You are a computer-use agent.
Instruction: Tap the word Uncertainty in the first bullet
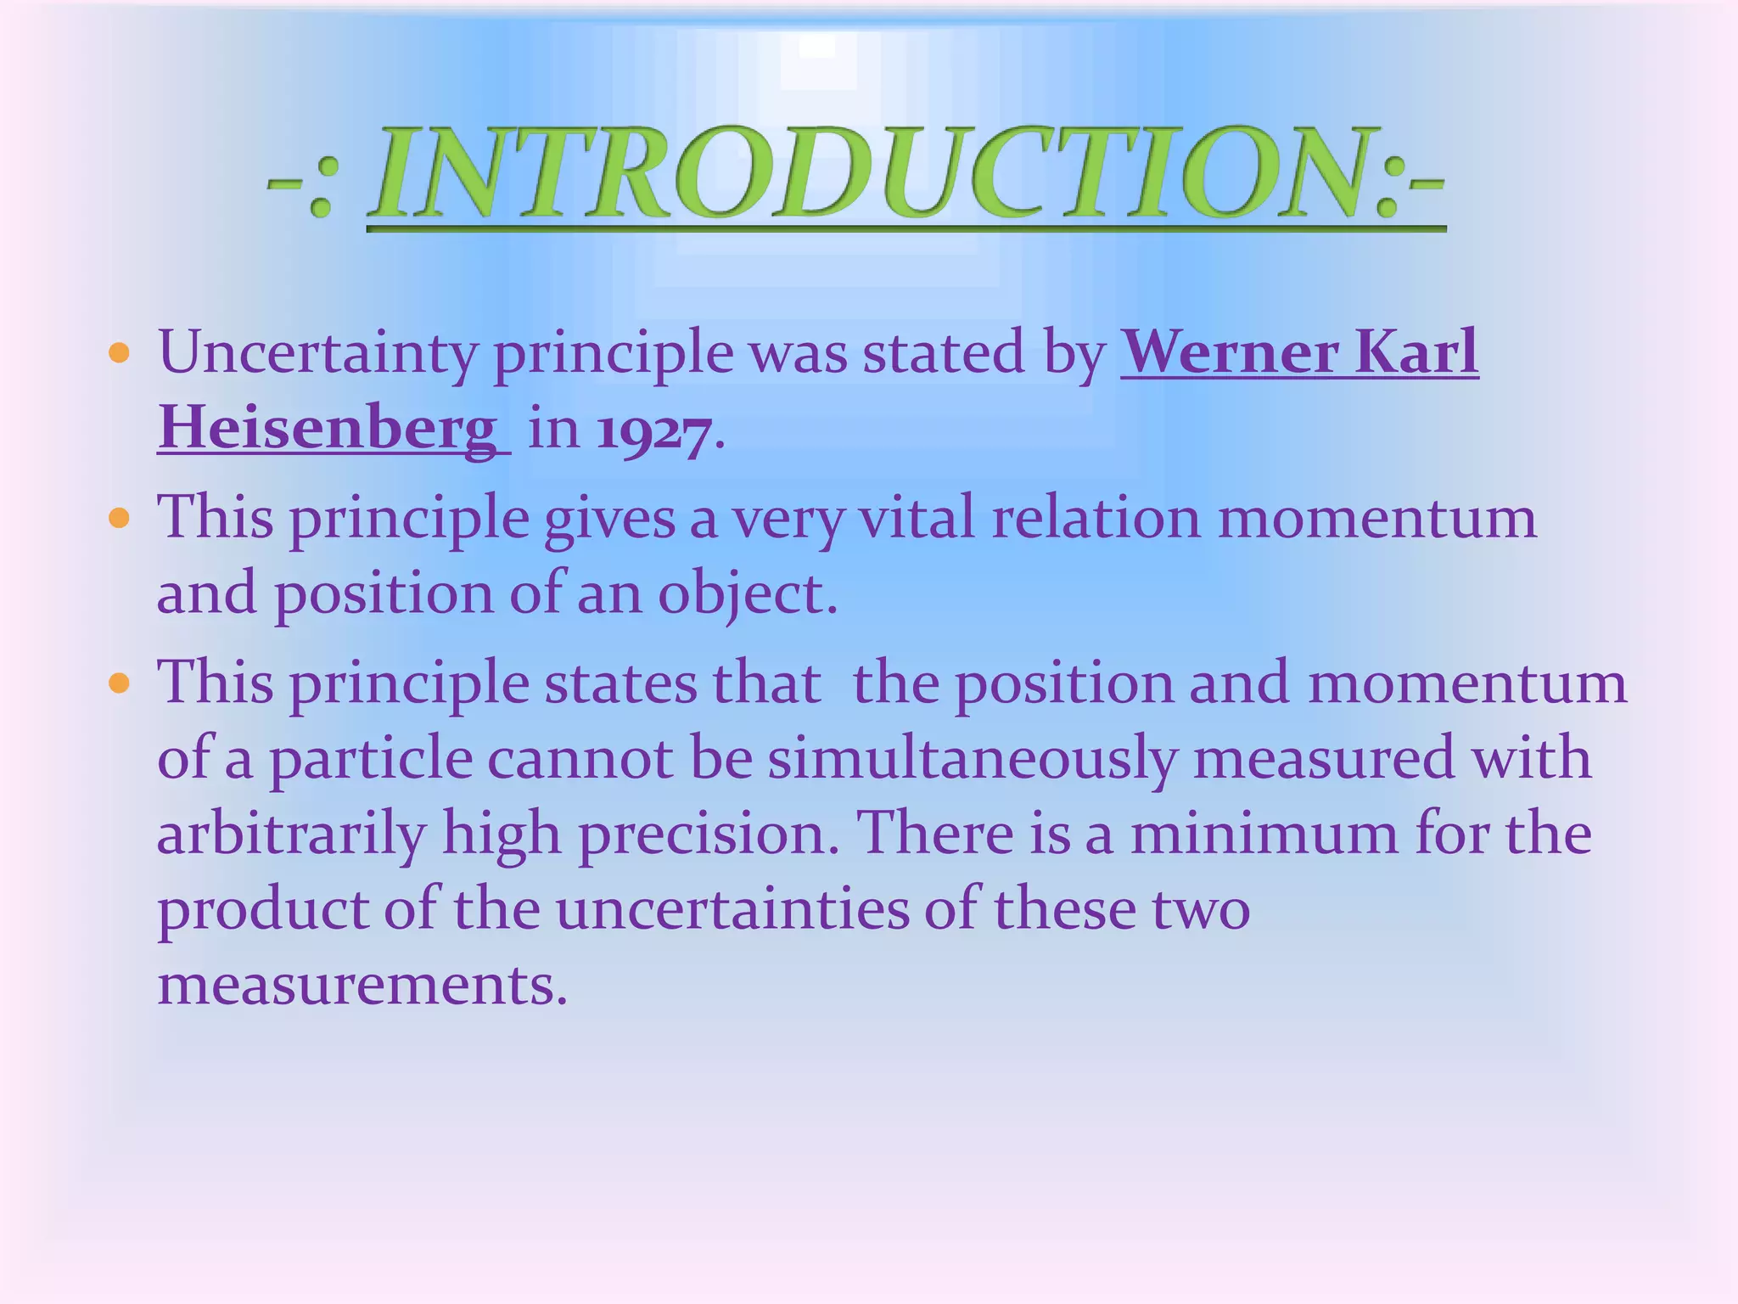pos(317,352)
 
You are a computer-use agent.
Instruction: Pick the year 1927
pos(653,430)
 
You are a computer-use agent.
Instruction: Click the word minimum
pos(1264,834)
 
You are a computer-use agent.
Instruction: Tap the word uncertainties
pos(731,909)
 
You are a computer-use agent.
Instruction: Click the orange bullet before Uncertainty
pos(120,353)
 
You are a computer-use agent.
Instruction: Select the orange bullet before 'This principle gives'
pos(120,518)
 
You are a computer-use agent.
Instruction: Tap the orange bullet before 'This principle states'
pos(120,683)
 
